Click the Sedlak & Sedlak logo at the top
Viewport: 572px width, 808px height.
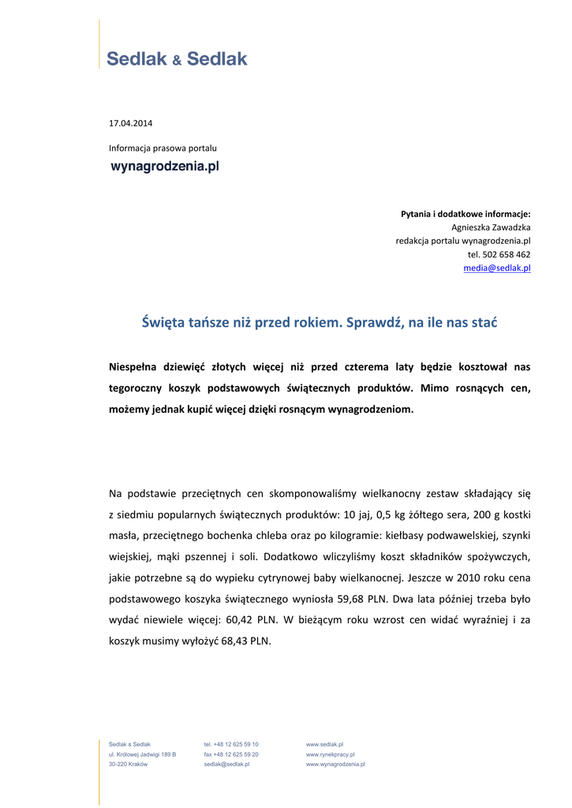(177, 58)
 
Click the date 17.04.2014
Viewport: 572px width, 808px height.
(130, 123)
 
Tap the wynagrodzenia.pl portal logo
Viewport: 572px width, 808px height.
(164, 166)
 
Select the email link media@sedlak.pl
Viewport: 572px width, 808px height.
(496, 268)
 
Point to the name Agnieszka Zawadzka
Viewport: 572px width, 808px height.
(491, 227)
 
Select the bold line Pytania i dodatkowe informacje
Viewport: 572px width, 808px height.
(465, 213)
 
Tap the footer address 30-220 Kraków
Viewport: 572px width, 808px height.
(128, 765)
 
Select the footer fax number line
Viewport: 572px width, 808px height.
(230, 754)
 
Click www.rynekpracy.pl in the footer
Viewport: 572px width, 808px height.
(330, 754)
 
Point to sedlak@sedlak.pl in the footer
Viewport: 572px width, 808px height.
(226, 765)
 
